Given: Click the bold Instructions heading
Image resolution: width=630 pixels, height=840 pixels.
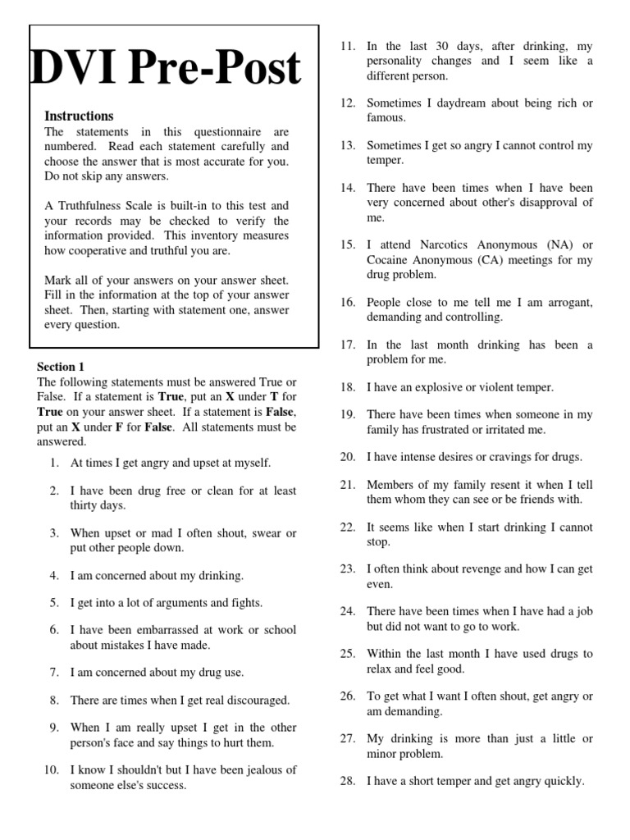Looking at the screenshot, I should tap(79, 116).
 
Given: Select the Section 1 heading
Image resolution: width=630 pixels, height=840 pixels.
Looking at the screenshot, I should tap(61, 367).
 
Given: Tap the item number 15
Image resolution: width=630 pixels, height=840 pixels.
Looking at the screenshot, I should tap(347, 245).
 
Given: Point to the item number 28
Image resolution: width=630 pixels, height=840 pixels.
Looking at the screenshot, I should tap(347, 781).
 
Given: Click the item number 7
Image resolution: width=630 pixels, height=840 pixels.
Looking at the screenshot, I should tap(54, 673).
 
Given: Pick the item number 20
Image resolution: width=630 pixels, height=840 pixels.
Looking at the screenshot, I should tap(347, 457).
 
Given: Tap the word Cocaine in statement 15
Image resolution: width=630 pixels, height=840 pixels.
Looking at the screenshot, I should tap(393, 260).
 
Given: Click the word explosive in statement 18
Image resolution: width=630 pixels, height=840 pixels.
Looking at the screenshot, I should tap(432, 386).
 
